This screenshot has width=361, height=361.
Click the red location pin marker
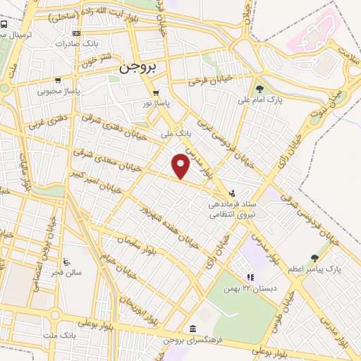click(x=181, y=166)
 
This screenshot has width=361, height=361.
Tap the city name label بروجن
click(x=137, y=68)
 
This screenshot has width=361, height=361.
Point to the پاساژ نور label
click(x=156, y=102)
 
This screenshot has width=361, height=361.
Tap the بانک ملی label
click(x=176, y=133)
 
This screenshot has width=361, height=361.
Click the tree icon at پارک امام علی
click(x=260, y=89)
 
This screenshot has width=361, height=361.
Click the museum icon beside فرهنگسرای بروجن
click(x=192, y=329)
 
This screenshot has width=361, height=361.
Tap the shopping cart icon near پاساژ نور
click(x=156, y=92)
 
